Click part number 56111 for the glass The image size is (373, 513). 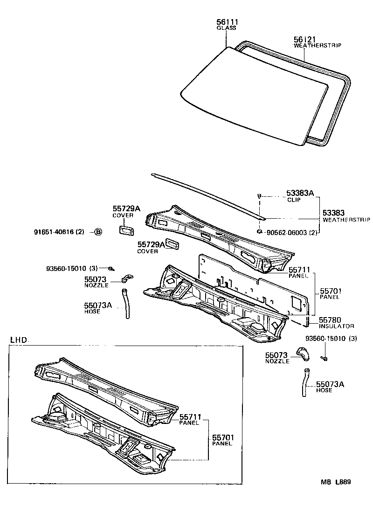226,22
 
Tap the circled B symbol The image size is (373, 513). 98,232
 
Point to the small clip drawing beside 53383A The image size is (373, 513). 259,197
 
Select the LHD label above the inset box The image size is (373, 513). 19,340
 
